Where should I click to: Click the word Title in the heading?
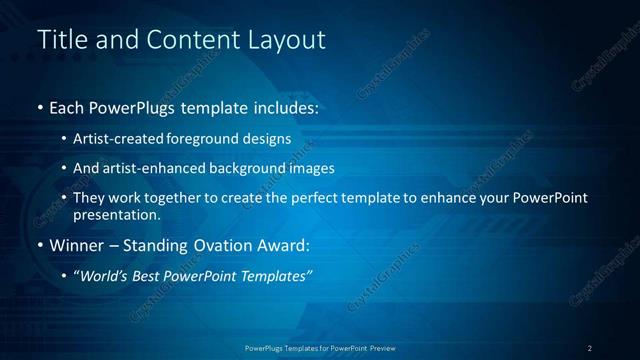coord(62,40)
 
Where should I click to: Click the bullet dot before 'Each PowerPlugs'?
coord(40,107)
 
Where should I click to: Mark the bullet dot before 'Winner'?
coord(40,245)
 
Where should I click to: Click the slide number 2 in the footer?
coord(590,348)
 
